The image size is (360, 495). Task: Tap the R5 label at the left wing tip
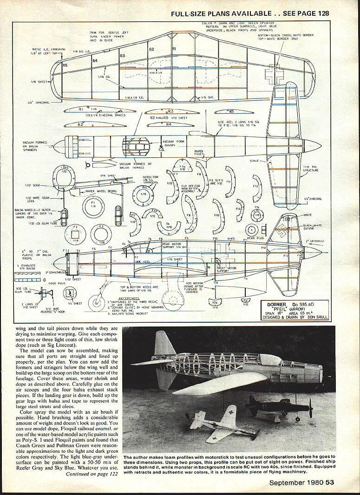pyautogui.click(x=65, y=65)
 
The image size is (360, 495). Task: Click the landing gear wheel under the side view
pyautogui.click(x=99, y=299)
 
